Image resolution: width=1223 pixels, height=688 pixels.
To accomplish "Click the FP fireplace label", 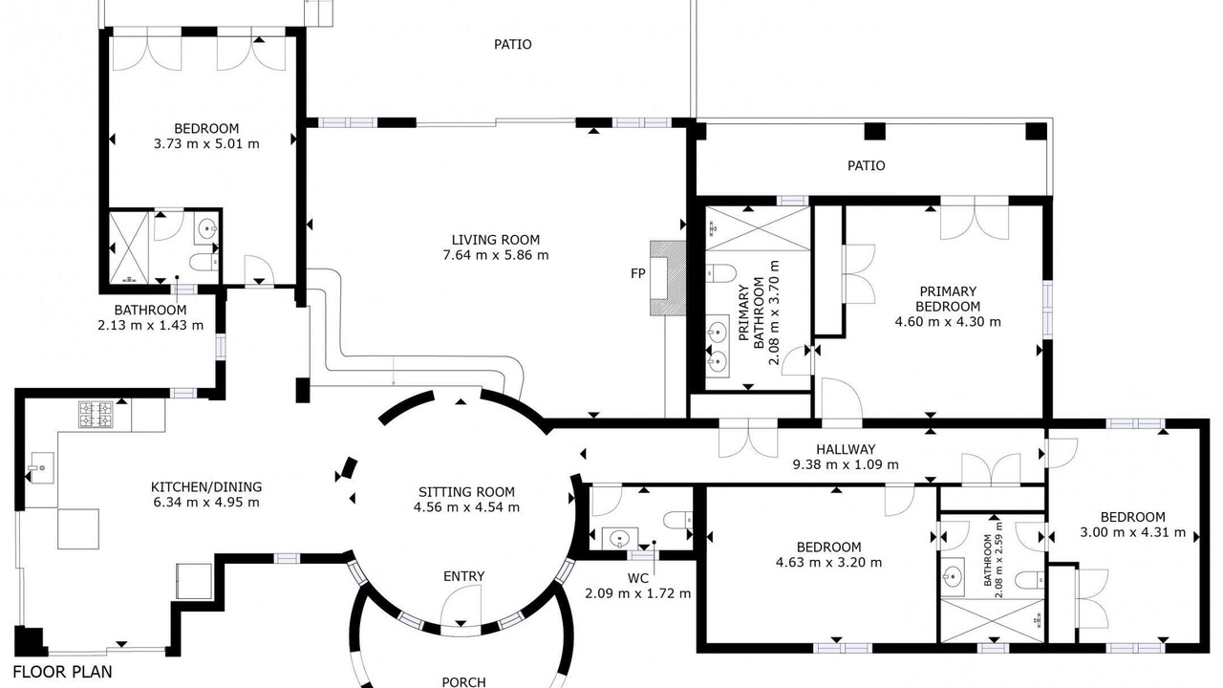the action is point(637,273).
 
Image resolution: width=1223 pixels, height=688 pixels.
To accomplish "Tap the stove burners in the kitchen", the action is point(97,415).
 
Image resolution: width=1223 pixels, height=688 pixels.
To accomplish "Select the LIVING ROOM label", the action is point(496,240).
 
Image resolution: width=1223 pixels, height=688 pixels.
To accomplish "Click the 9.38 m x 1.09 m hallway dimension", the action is point(846,464).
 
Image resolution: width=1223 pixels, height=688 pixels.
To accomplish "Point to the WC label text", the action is point(637,578).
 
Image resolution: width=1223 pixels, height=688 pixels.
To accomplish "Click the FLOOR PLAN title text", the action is point(62,672).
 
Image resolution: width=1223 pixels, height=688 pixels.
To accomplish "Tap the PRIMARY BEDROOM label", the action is point(948,299).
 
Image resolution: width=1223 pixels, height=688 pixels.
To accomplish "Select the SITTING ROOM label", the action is point(466,492).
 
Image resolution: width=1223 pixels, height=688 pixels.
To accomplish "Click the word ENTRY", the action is point(463,576).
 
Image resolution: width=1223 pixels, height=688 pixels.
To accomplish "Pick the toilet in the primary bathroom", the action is point(719,273).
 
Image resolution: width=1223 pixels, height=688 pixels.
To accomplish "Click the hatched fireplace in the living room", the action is point(667,278).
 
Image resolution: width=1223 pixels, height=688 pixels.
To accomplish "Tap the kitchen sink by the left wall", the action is point(41,468).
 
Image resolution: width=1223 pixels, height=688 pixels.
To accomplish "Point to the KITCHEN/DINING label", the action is point(206,486).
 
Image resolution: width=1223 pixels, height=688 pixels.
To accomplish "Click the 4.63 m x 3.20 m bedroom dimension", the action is point(828,562).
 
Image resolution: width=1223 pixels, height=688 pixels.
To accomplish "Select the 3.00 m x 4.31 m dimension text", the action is point(1133,532).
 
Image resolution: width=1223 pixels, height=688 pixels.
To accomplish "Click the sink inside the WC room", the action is point(620,538).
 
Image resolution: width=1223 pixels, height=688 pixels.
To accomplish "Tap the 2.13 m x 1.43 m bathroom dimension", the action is point(151,325).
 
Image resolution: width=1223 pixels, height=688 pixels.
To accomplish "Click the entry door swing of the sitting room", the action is point(461,606).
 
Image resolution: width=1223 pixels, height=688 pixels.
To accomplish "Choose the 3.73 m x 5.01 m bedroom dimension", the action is point(206,143).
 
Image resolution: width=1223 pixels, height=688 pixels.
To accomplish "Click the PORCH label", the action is point(463,682).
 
